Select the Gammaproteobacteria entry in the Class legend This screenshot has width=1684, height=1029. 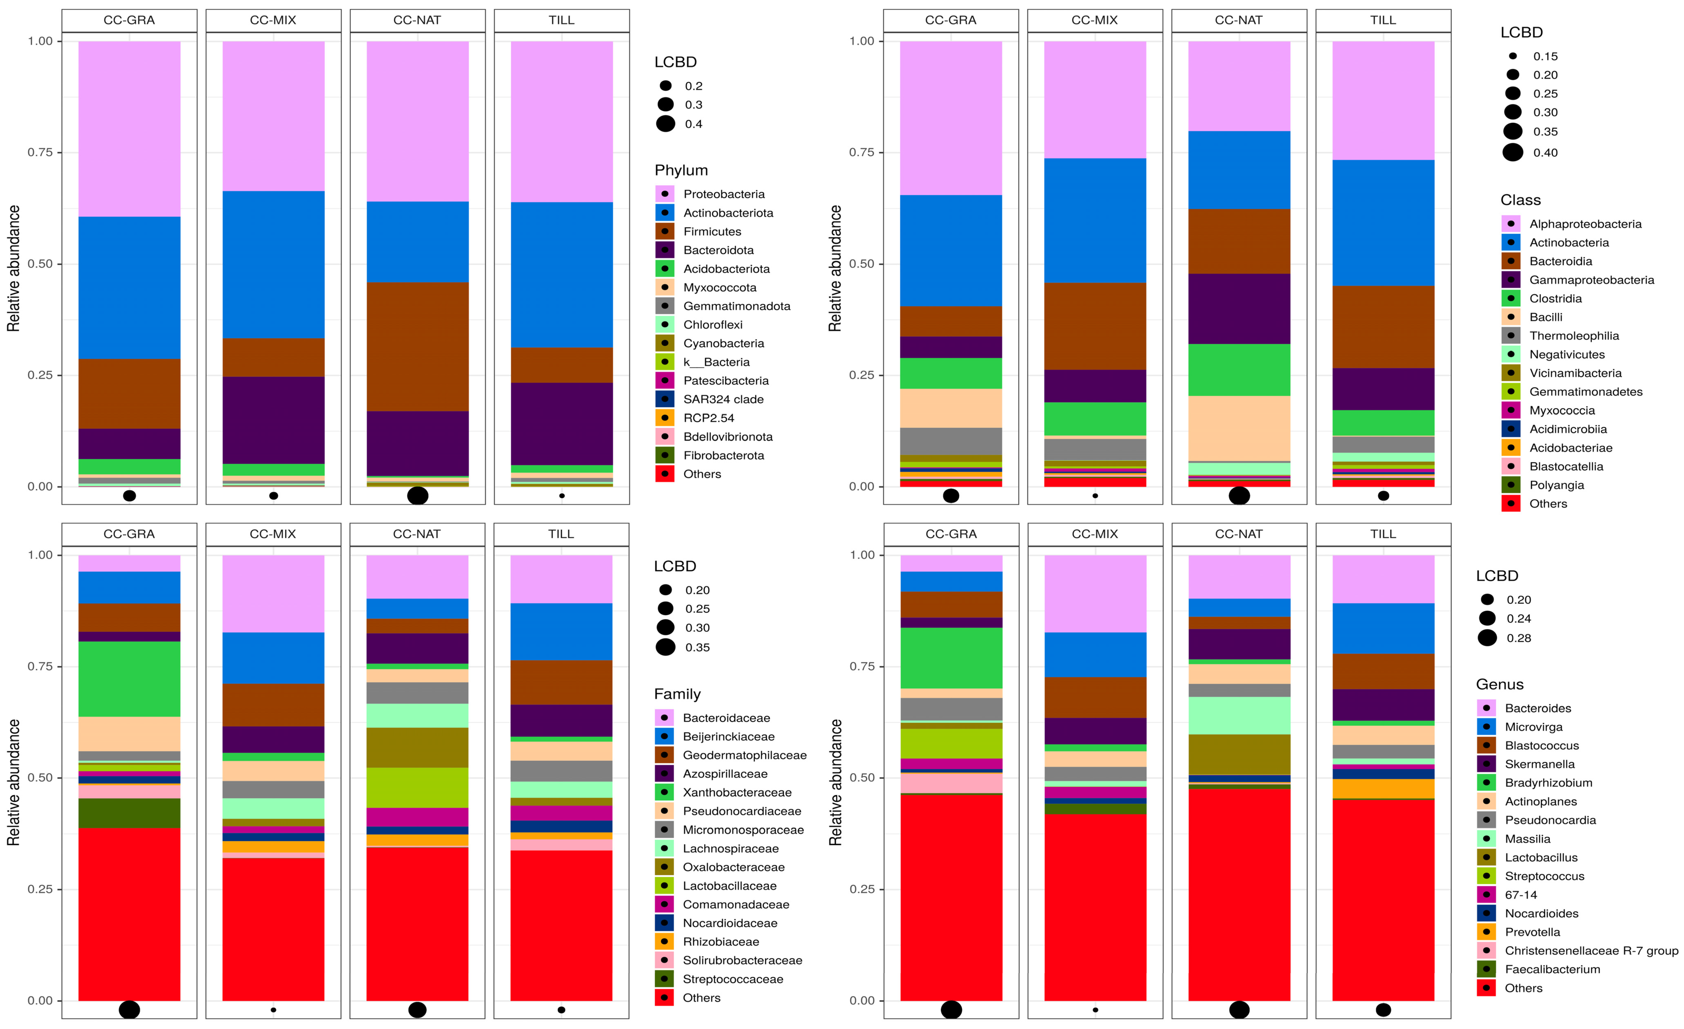(x=1591, y=280)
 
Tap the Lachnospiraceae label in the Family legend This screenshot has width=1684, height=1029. (x=730, y=848)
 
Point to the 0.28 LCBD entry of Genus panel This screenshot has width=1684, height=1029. (x=1519, y=638)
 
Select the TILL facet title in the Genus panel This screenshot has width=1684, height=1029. (x=1383, y=534)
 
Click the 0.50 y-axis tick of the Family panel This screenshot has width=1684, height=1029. (x=40, y=778)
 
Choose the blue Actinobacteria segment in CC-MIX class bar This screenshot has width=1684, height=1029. (x=1095, y=220)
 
